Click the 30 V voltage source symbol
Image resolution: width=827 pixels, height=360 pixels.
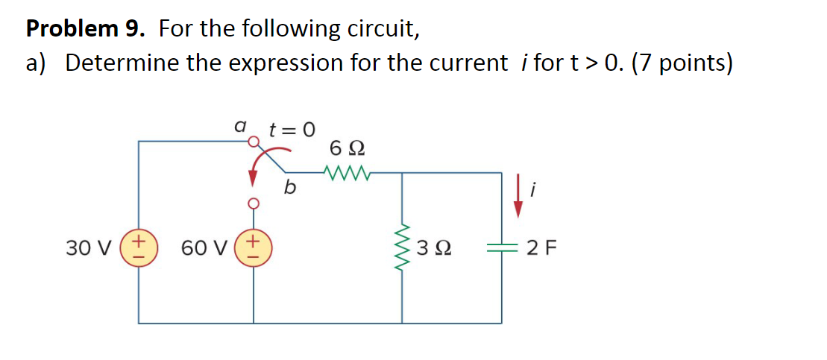139,247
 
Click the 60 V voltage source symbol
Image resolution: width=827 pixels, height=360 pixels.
254,247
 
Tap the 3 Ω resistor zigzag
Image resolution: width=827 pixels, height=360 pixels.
403,247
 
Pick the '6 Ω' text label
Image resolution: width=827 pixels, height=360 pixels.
346,148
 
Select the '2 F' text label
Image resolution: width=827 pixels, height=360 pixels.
540,247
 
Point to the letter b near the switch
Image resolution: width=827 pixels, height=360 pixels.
289,187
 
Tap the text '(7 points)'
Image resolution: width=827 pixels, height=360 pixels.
682,63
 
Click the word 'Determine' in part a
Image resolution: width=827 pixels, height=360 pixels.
122,63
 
